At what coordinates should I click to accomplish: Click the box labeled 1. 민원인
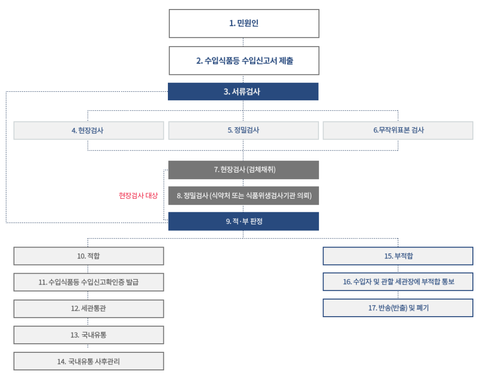pos(244,23)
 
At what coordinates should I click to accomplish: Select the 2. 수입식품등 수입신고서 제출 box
pos(244,61)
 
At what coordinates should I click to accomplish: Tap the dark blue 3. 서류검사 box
pos(243,92)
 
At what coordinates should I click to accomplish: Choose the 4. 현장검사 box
pos(88,131)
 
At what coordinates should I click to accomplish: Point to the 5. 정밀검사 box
pos(243,131)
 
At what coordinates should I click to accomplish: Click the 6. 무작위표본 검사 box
pos(398,131)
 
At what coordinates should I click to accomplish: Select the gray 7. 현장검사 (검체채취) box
pos(244,170)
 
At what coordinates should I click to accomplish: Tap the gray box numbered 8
pos(244,196)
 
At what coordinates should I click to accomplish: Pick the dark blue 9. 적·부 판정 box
pos(244,221)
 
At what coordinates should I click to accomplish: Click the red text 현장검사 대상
pos(138,196)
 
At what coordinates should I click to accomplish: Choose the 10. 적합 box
pos(88,256)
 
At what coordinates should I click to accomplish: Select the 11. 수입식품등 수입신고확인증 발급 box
pos(88,282)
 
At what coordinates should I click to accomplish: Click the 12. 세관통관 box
pos(88,309)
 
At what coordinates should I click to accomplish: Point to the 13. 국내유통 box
pos(88,335)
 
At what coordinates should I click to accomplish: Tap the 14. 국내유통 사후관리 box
pos(88,361)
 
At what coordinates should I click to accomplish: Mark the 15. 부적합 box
pos(398,256)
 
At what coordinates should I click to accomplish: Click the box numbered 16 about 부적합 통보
pos(398,282)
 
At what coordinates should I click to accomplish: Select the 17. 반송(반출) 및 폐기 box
pos(398,308)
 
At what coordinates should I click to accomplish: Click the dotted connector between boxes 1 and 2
pos(243,42)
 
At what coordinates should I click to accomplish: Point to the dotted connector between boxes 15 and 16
pos(398,269)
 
